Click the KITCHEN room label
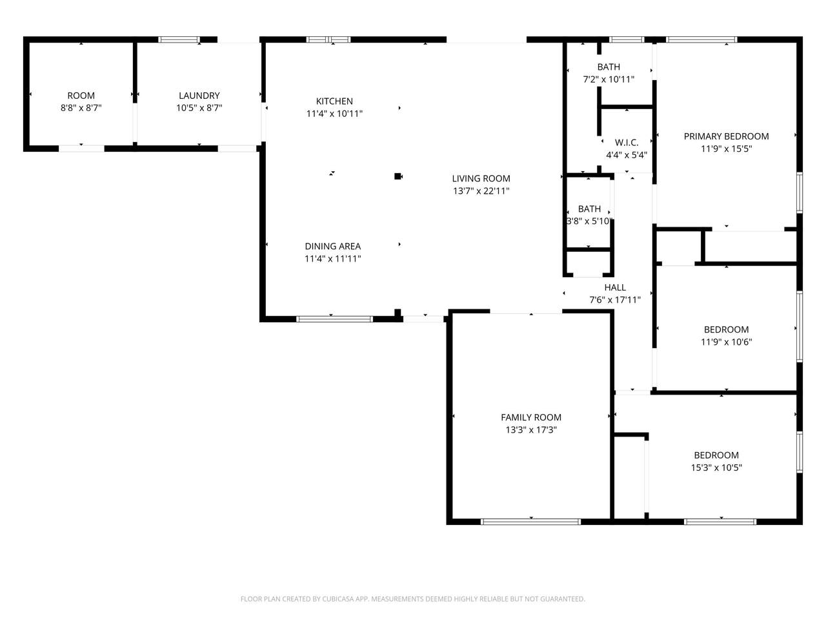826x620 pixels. [334, 101]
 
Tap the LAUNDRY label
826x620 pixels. [199, 96]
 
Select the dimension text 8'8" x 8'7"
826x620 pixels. [81, 108]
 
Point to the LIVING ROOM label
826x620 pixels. [481, 179]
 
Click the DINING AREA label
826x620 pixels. [333, 246]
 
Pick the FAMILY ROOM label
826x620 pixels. [531, 417]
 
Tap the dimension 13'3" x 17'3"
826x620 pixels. [531, 429]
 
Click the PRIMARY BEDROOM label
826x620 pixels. [726, 136]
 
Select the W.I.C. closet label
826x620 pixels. [626, 143]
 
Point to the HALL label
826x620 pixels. [615, 287]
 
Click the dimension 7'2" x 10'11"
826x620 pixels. [609, 79]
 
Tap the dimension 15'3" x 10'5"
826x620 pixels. [716, 468]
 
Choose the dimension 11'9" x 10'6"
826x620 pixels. [726, 342]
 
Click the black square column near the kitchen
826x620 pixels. [398, 176]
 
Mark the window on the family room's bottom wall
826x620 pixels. [531, 521]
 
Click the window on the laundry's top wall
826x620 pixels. [179, 40]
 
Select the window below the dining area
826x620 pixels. [334, 318]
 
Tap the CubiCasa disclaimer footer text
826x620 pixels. [413, 599]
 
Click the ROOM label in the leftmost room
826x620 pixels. [81, 96]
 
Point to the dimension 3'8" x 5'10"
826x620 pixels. [589, 221]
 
